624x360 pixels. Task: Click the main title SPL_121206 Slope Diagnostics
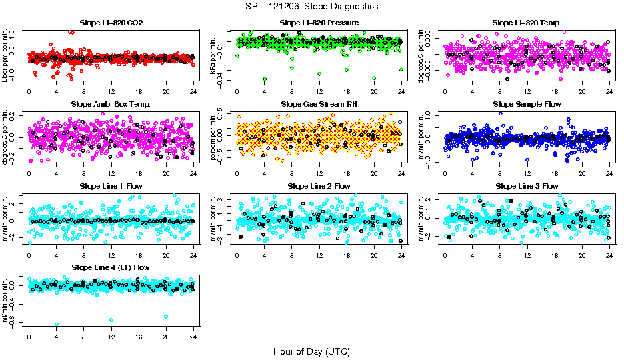click(312, 7)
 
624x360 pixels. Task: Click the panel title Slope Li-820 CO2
click(111, 23)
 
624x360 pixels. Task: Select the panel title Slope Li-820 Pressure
click(319, 23)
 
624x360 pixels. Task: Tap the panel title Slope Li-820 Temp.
click(527, 23)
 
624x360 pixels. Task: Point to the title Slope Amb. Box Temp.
click(111, 105)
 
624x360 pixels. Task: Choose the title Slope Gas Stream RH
click(319, 105)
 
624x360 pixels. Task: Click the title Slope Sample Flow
click(527, 105)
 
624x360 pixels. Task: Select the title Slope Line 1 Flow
click(111, 186)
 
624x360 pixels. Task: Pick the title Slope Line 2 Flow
click(319, 186)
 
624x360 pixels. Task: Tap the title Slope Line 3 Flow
click(527, 186)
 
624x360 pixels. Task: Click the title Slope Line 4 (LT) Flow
click(111, 267)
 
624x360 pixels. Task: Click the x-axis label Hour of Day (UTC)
click(312, 351)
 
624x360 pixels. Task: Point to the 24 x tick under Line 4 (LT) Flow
click(193, 336)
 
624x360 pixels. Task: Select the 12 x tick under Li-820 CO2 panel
click(111, 92)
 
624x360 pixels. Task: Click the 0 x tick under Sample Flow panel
click(445, 173)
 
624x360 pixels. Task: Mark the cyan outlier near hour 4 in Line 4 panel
click(57, 325)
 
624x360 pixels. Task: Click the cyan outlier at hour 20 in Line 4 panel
click(166, 316)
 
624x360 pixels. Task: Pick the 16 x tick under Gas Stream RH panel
click(347, 173)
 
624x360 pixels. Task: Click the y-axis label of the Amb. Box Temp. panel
click(6, 138)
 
